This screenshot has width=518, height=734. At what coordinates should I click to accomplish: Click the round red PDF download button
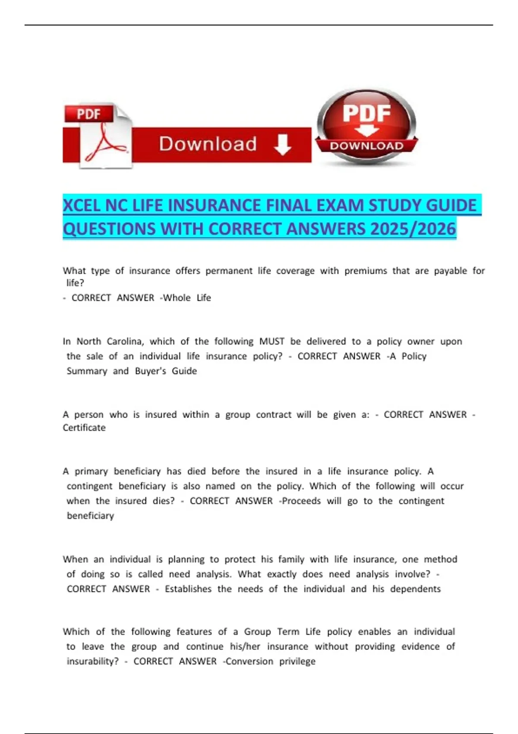coord(366,127)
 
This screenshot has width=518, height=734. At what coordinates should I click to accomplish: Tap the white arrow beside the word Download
coord(282,144)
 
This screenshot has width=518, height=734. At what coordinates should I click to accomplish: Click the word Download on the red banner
coord(208,144)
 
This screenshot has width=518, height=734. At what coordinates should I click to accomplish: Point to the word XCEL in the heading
coord(82,205)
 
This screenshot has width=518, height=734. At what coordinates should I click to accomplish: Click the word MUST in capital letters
coord(272,342)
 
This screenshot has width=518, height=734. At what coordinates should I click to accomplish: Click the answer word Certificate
coord(84,428)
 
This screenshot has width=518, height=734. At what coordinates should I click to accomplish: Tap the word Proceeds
coord(301,501)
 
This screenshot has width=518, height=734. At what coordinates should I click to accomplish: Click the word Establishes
coord(188,589)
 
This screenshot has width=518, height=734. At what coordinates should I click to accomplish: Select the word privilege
coord(297,661)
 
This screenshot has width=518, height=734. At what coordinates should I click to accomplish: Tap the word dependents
coord(415,589)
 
